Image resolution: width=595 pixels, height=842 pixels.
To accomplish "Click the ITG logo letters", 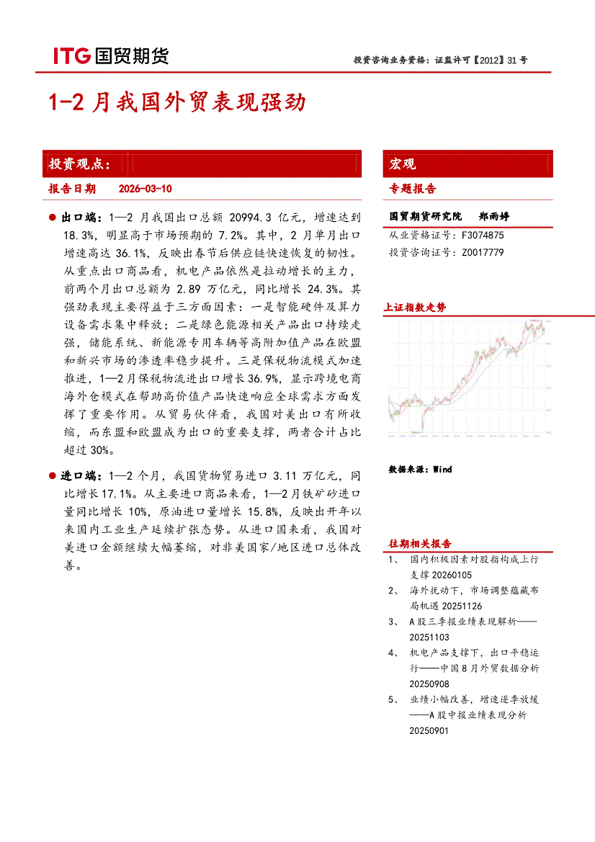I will pos(70,56).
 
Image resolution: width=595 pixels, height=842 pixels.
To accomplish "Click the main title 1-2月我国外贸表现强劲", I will pos(177,102).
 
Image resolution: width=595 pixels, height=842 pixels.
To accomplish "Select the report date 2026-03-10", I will pos(145,189).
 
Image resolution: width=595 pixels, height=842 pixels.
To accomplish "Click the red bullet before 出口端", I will pos(53,217).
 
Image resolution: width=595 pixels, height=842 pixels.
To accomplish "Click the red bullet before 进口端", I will pos(53,476).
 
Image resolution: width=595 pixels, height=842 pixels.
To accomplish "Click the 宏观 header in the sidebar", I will pos(403,164).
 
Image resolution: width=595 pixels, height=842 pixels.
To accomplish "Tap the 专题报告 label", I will pos(413,189).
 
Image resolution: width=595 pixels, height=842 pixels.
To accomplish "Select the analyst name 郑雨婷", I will pos(494,216).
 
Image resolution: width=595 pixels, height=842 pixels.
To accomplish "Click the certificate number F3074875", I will pos(482,235).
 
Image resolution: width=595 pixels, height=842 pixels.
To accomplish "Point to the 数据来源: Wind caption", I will pos(420,470).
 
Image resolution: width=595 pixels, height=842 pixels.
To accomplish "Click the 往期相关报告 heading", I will pos(421,543).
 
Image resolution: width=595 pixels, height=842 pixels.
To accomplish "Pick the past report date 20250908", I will pos(429,684).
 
